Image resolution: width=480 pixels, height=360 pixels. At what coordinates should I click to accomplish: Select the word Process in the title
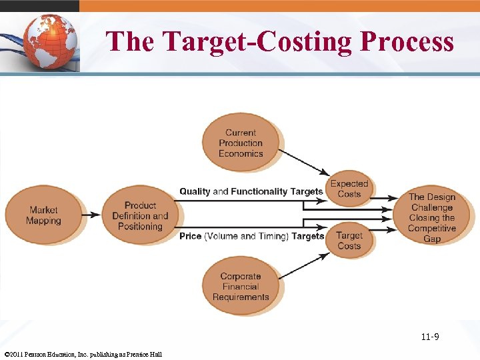407,41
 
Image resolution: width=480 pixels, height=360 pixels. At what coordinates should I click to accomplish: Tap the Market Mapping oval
43,215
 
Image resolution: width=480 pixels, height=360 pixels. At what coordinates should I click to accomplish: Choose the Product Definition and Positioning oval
140,215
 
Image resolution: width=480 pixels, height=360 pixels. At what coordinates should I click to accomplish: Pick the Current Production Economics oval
241,143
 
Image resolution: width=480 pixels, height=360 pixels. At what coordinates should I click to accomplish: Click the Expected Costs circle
349,189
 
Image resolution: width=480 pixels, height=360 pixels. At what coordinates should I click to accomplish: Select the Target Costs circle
349,241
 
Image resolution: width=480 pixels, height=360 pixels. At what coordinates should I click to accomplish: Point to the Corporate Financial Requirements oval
241,287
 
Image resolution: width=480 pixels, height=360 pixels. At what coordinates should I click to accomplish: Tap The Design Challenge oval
431,217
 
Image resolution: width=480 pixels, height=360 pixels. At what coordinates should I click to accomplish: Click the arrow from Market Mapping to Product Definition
91,215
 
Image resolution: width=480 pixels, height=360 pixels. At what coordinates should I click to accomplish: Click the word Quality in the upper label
195,191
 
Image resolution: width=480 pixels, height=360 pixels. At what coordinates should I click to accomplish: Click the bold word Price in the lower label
190,236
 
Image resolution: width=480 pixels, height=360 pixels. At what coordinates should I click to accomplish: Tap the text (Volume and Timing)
246,236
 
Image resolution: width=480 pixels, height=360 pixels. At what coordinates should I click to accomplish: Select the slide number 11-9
429,337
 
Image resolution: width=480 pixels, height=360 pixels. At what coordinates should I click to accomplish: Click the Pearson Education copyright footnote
83,354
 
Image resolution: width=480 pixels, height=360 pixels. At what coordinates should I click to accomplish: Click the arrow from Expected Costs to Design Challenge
387,199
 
